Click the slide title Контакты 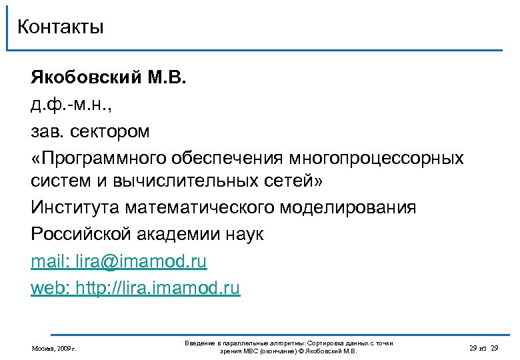coord(61,27)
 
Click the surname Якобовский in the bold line coord(85,80)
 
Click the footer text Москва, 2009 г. coord(54,348)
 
